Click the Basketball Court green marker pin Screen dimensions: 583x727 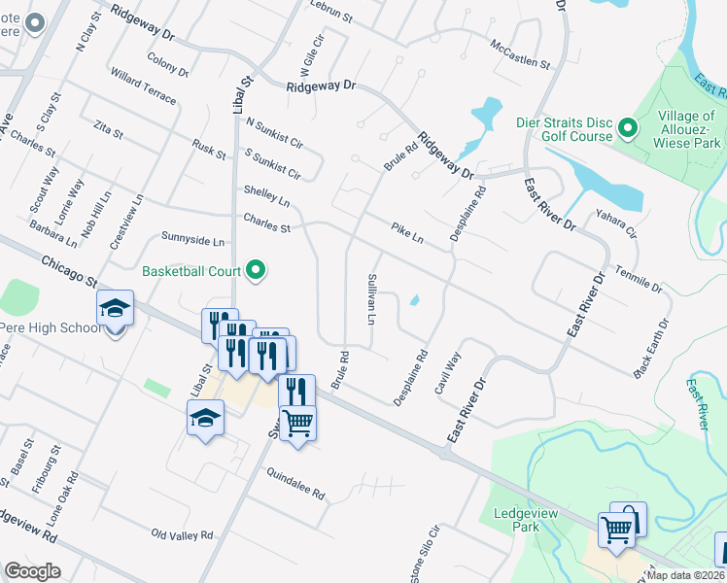pyautogui.click(x=257, y=270)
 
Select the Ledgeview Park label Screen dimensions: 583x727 pyautogui.click(x=516, y=520)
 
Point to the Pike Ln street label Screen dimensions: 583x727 pyautogui.click(x=407, y=232)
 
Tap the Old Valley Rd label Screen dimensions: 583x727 pyautogui.click(x=183, y=535)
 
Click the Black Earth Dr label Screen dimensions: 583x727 pyautogui.click(x=651, y=347)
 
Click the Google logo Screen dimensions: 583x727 pyautogui.click(x=32, y=570)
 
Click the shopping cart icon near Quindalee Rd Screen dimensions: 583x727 pyautogui.click(x=298, y=423)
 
